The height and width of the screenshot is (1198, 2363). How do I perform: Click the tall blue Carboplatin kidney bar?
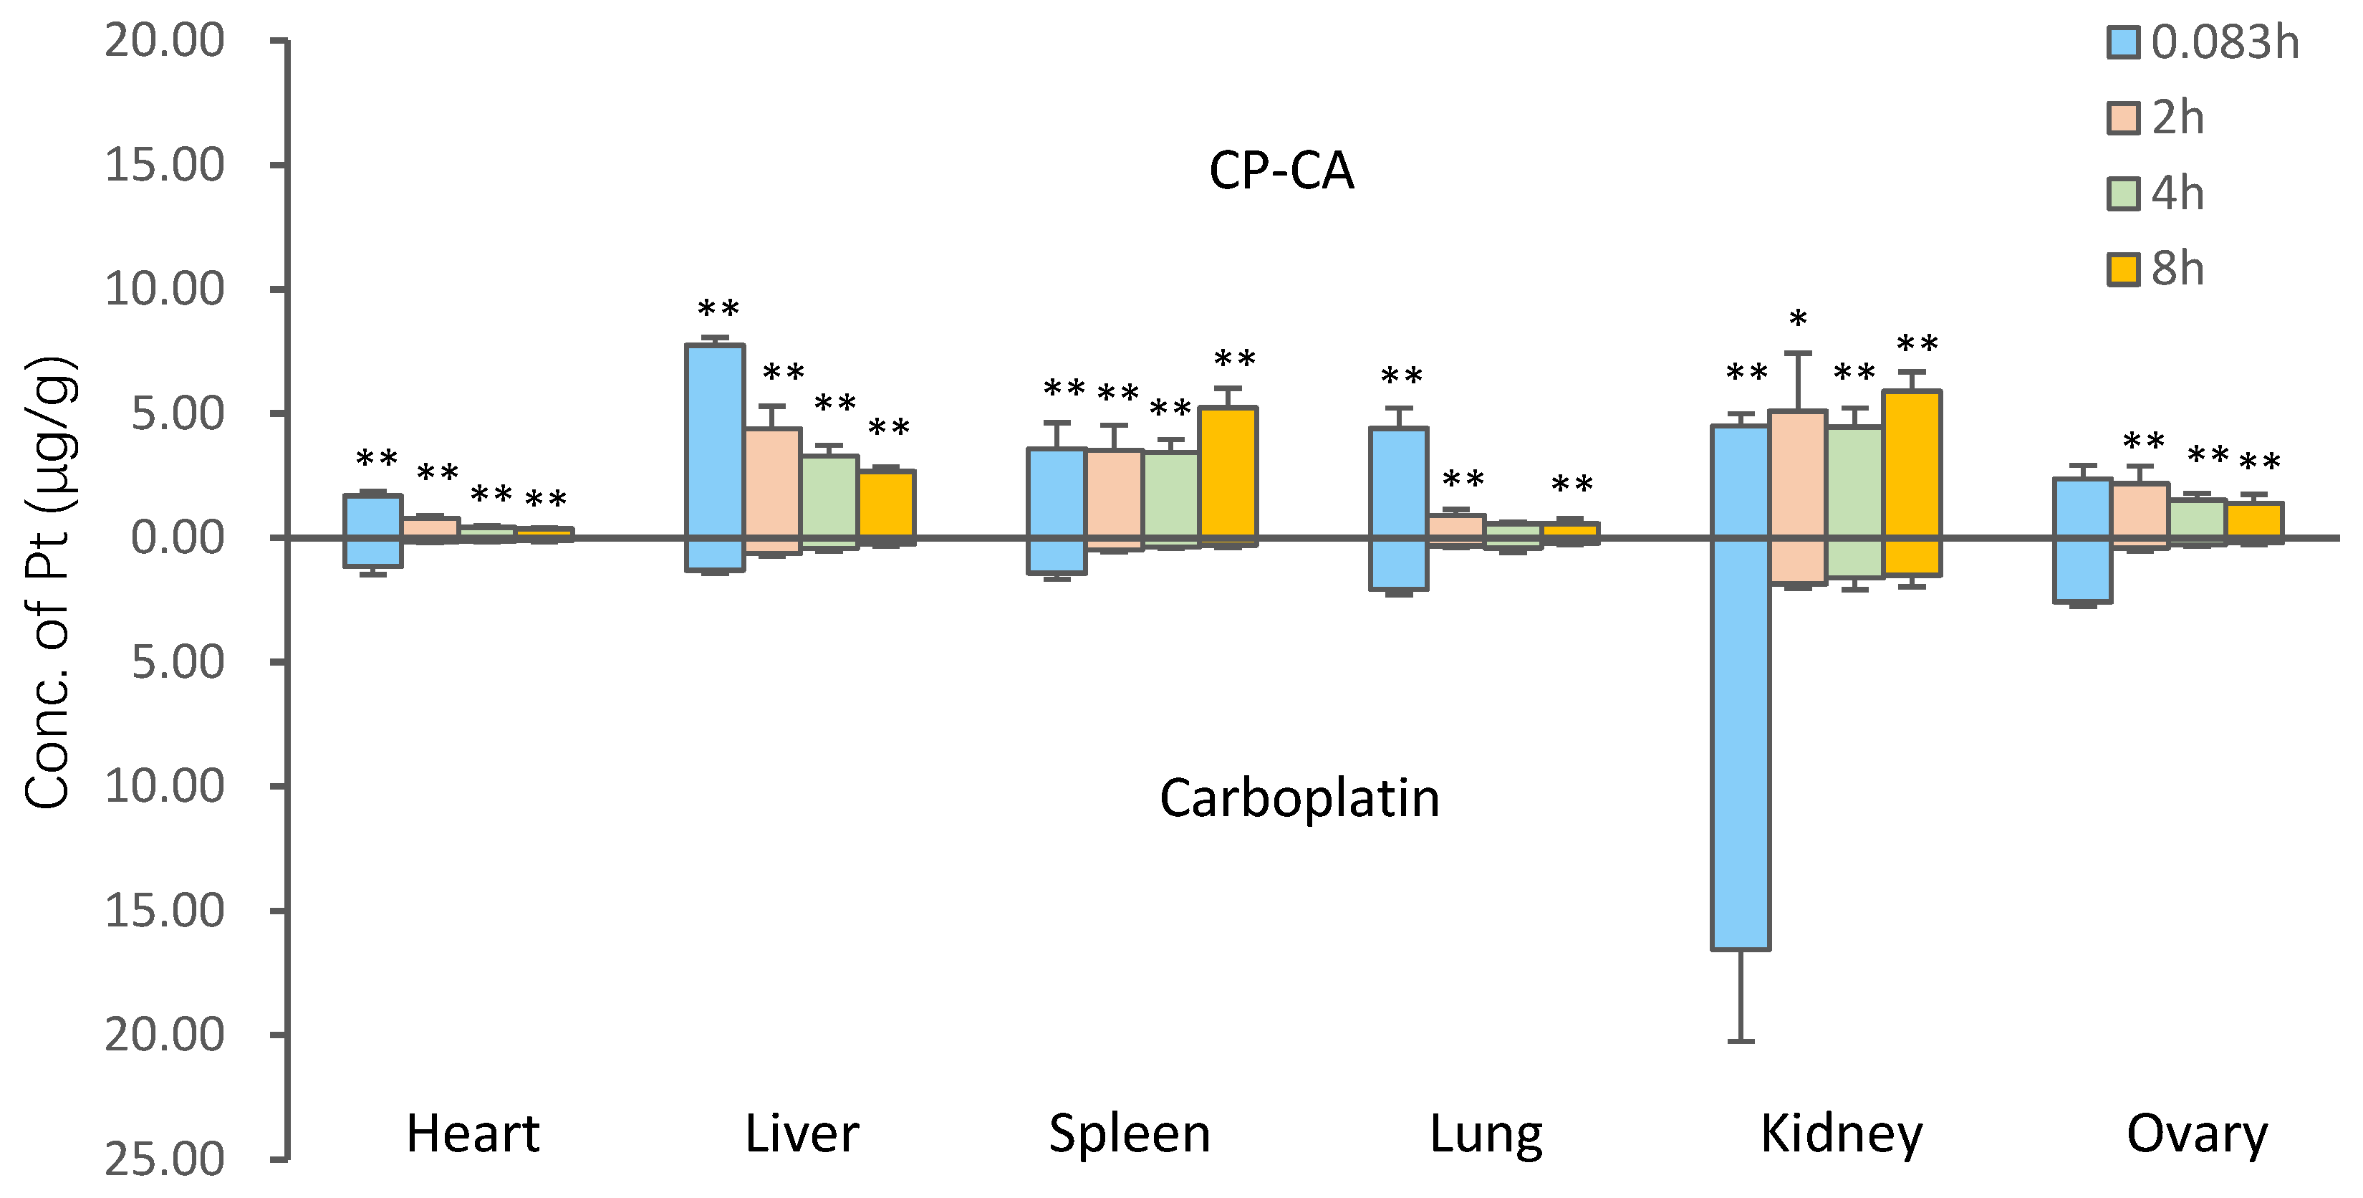click(1740, 743)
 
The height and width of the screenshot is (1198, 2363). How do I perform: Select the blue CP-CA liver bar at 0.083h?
click(716, 441)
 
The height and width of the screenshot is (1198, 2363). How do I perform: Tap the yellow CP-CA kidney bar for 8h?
click(1912, 464)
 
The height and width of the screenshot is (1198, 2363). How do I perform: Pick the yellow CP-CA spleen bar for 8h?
click(1228, 472)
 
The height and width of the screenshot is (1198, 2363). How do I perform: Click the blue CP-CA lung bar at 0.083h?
click(1398, 481)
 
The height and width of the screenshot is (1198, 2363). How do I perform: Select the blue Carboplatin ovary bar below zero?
click(2082, 570)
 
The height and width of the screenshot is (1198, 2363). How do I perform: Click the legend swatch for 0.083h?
click(2122, 43)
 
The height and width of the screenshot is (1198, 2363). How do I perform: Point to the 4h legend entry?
click(2156, 193)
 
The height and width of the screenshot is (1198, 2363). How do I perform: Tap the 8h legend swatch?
click(2122, 269)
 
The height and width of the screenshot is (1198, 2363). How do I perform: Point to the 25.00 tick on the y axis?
click(164, 1159)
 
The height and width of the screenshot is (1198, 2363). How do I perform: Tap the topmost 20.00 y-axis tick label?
click(164, 42)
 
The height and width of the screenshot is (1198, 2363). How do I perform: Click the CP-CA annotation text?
click(1281, 171)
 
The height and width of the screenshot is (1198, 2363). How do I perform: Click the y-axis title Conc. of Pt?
click(48, 583)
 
